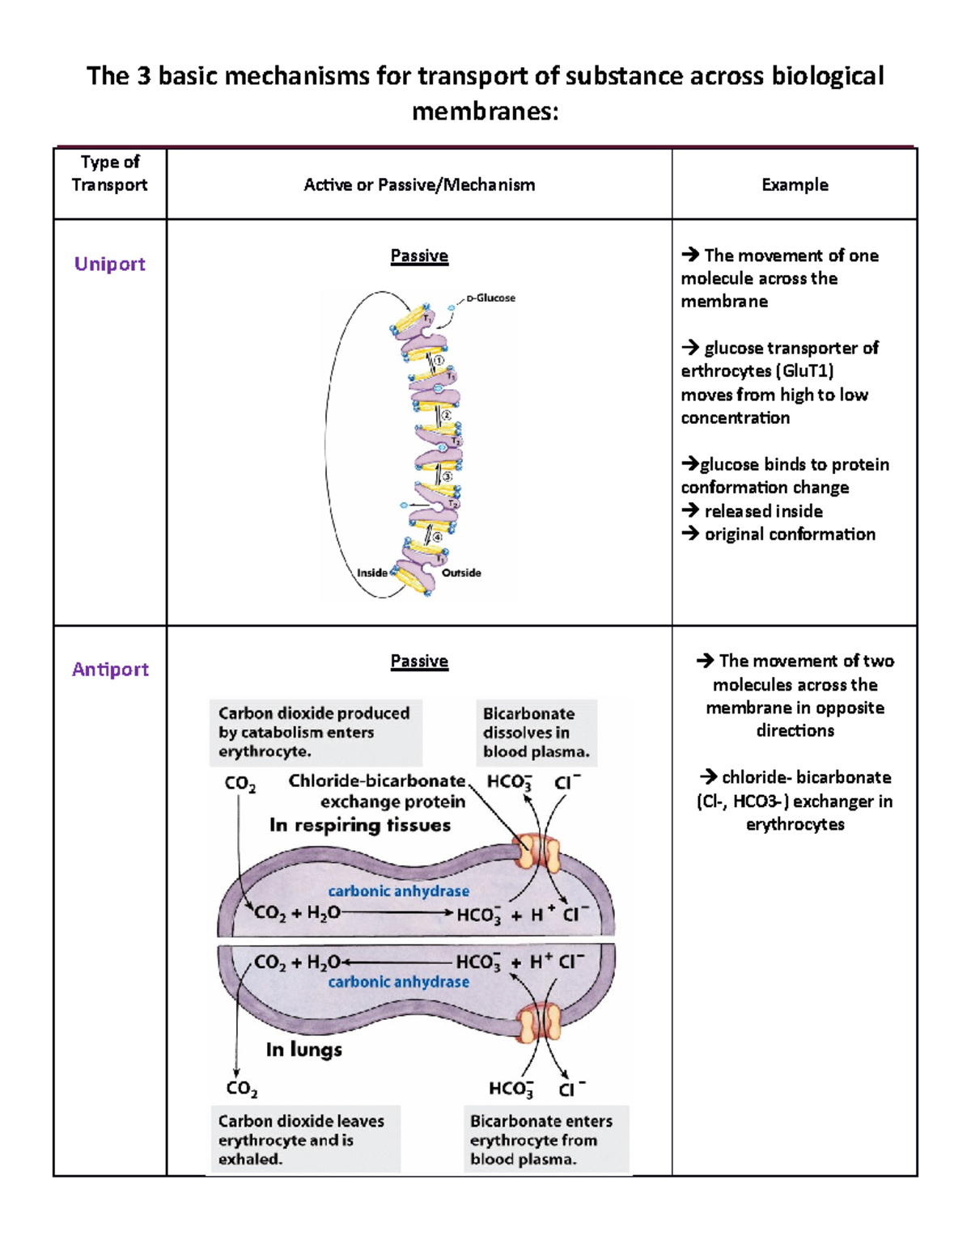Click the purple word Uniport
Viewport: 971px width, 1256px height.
[x=109, y=264]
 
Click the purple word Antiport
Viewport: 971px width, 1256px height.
[x=110, y=669]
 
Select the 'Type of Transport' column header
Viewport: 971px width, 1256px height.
[x=109, y=173]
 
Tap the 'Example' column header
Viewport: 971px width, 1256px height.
[x=795, y=184]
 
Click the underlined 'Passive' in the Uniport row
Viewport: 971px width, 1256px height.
[x=419, y=256]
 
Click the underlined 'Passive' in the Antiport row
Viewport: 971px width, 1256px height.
[x=419, y=661]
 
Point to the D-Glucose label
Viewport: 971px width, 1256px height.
[x=490, y=298]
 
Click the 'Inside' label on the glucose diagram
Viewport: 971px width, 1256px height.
[x=371, y=573]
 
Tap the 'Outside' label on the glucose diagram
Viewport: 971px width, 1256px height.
[x=461, y=573]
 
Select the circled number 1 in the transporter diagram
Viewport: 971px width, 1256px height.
[x=439, y=361]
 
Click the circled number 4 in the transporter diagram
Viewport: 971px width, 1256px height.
[x=437, y=536]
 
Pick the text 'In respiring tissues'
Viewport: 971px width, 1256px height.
[x=360, y=825]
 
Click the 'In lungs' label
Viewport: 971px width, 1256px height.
[x=304, y=1049]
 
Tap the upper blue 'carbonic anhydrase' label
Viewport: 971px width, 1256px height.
[x=398, y=890]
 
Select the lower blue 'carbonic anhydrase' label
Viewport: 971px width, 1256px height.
[x=398, y=981]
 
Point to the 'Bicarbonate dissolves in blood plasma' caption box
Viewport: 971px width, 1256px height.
[x=536, y=732]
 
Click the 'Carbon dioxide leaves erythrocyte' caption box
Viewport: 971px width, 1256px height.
[x=304, y=1140]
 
